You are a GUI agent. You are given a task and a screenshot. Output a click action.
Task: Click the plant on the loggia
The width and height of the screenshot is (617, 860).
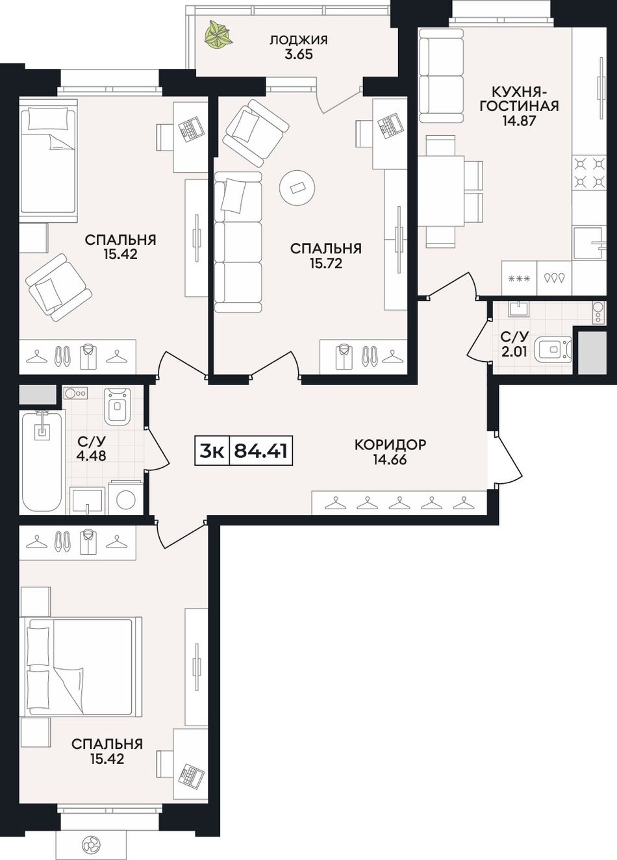pyautogui.click(x=218, y=34)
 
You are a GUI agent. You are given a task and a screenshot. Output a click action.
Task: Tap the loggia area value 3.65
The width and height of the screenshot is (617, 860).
pyautogui.click(x=298, y=55)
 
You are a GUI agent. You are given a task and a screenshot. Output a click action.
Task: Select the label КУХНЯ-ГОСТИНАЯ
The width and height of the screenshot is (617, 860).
pyautogui.click(x=519, y=98)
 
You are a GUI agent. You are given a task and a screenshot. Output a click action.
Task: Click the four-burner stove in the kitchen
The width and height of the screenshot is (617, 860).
pyautogui.click(x=589, y=172)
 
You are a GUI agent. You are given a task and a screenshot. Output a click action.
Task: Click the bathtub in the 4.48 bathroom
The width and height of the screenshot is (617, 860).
pyautogui.click(x=42, y=461)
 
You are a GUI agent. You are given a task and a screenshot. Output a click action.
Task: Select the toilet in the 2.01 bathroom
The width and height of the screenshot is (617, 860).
pyautogui.click(x=552, y=349)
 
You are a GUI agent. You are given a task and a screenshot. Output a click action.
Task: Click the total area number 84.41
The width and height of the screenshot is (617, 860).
pyautogui.click(x=260, y=450)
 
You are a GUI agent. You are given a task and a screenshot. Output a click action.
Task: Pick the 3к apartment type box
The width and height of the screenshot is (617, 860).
pyautogui.click(x=212, y=450)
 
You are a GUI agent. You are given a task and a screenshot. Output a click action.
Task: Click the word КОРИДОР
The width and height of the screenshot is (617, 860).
pyautogui.click(x=390, y=444)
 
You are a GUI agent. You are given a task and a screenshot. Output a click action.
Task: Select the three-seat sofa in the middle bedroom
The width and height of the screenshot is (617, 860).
pyautogui.click(x=238, y=242)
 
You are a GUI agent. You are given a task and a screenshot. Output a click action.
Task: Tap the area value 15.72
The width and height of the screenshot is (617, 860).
pyautogui.click(x=326, y=264)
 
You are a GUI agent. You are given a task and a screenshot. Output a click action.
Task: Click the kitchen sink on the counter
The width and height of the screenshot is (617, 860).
pyautogui.click(x=588, y=242)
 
